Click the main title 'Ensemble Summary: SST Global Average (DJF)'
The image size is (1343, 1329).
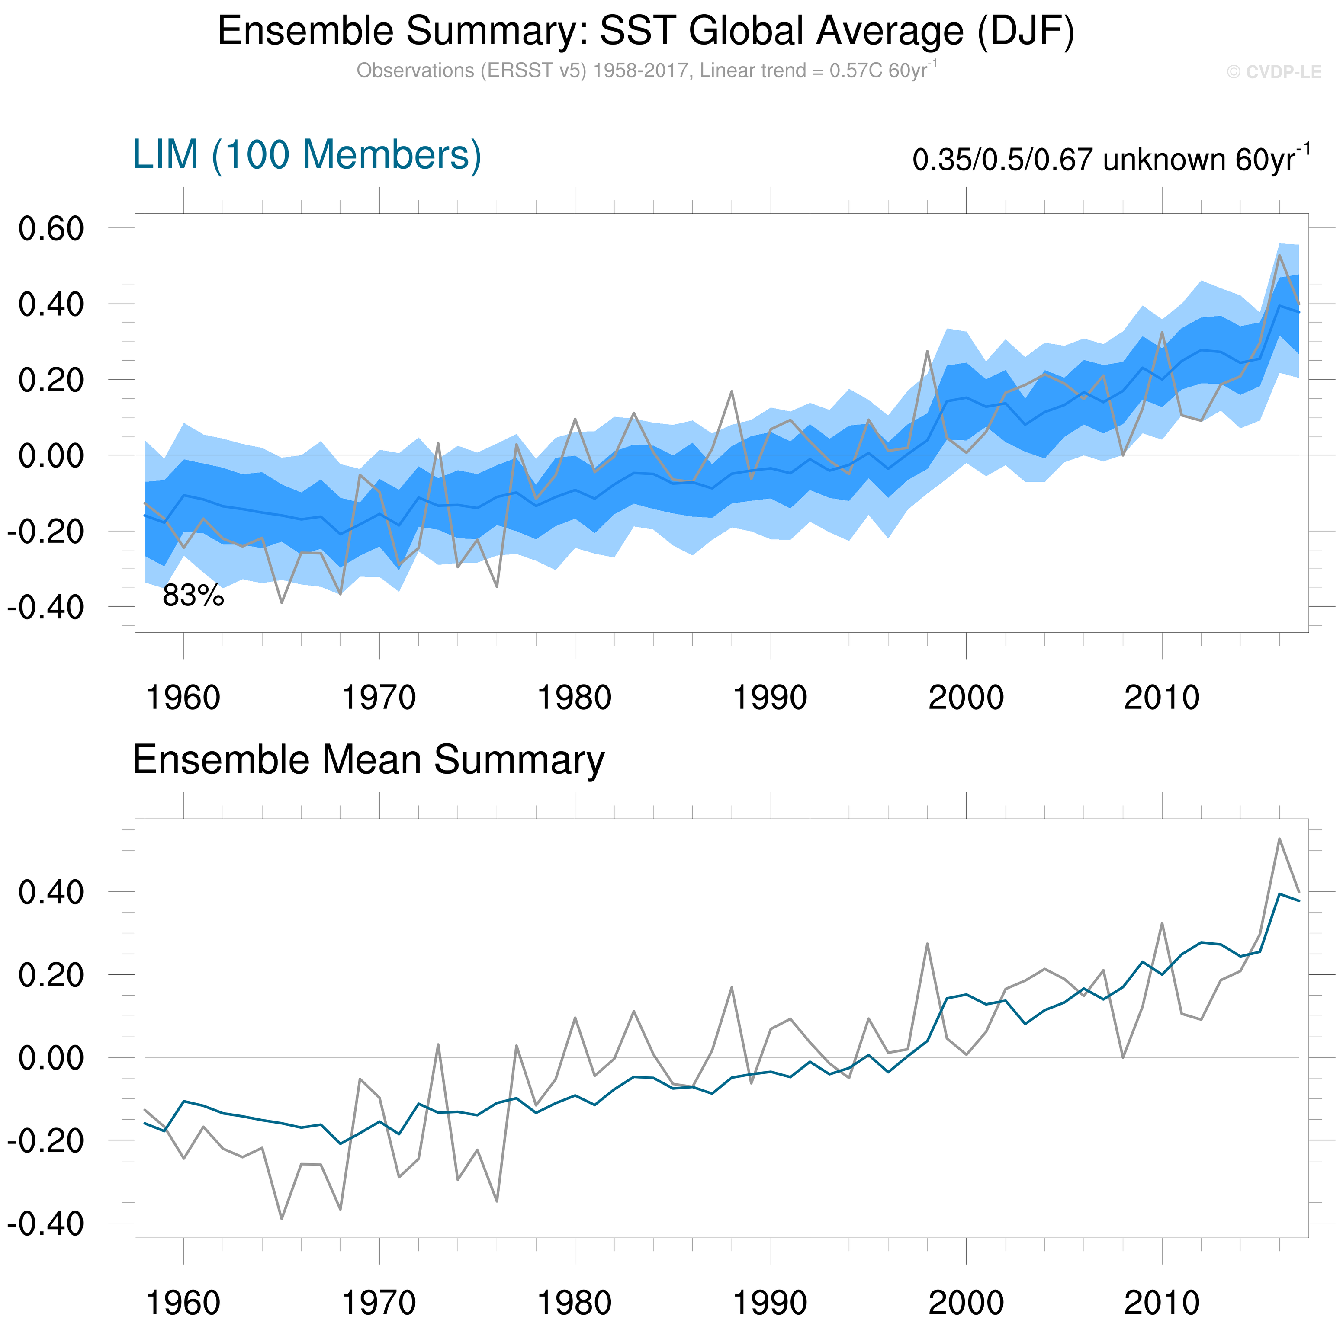pyautogui.click(x=646, y=31)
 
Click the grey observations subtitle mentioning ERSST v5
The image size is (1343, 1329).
pyautogui.click(x=646, y=71)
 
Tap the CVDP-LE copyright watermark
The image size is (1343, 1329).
pyautogui.click(x=1273, y=72)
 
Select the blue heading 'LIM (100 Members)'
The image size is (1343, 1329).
pyautogui.click(x=307, y=154)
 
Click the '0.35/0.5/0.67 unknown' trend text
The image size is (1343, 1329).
pyautogui.click(x=1111, y=160)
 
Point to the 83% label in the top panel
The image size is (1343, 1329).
pyautogui.click(x=193, y=596)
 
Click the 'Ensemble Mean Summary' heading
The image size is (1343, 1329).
pyautogui.click(x=369, y=759)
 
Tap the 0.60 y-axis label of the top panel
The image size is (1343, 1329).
pyautogui.click(x=51, y=228)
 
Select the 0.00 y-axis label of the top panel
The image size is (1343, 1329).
pyautogui.click(x=51, y=456)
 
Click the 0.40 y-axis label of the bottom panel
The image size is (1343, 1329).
pyautogui.click(x=51, y=893)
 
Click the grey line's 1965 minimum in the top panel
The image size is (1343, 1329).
pyautogui.click(x=282, y=602)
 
